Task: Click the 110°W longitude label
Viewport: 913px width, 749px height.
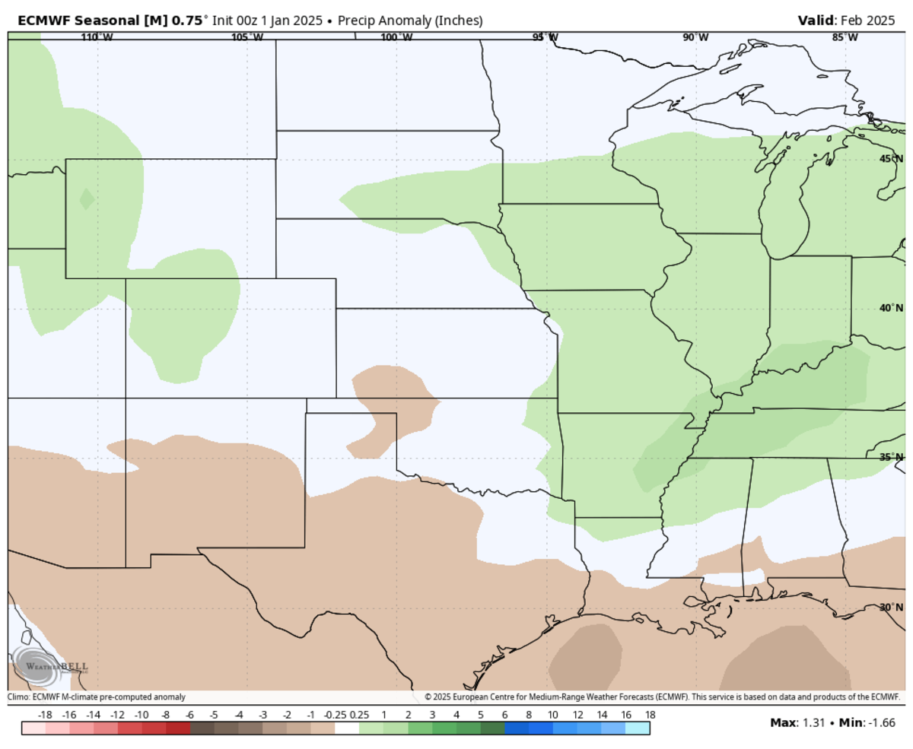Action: click(97, 37)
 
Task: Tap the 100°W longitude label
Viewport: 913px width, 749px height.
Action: click(396, 37)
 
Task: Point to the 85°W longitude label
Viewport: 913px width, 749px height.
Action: click(845, 37)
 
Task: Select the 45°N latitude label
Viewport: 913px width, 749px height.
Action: click(891, 159)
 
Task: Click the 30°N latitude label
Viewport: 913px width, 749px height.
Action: click(891, 608)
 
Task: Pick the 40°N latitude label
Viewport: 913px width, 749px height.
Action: click(891, 308)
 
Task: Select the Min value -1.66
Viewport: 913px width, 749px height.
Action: click(882, 722)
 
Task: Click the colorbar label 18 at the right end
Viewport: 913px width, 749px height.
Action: click(650, 715)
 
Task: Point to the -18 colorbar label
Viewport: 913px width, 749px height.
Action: click(44, 715)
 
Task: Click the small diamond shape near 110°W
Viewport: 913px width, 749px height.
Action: click(87, 199)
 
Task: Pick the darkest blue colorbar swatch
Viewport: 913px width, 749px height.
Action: click(517, 728)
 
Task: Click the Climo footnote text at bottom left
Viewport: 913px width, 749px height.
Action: click(97, 697)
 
